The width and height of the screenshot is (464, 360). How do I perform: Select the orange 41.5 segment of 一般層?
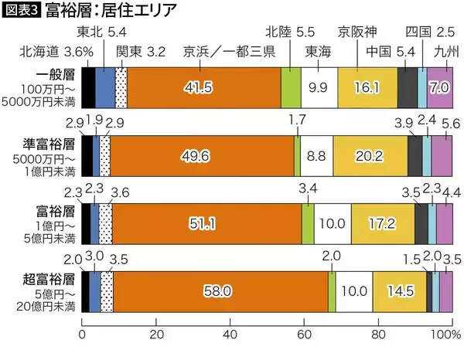(199, 87)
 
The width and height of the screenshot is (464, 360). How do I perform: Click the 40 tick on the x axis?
(230, 335)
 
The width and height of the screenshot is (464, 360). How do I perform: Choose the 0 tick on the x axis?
(82, 335)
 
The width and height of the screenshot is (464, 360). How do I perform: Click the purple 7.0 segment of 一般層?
(438, 87)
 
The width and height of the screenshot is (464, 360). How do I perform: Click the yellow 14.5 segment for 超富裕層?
(399, 290)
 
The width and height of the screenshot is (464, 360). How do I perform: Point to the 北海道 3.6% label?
(59, 53)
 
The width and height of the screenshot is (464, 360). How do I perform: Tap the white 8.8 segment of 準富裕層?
(316, 155)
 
